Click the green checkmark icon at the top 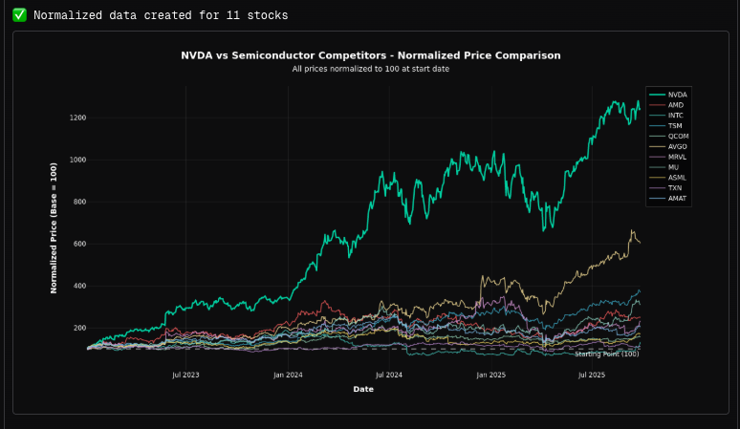19,15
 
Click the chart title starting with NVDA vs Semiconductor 370,55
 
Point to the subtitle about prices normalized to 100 370,69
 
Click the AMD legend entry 676,105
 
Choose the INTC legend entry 676,116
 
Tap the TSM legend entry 676,126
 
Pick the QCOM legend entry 677,137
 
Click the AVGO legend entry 677,147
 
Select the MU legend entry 674,167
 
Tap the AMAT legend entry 677,198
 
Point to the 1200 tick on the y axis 76,118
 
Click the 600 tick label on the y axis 78,244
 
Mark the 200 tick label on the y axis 78,328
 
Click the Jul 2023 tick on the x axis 185,375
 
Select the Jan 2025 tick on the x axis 490,375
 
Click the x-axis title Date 363,389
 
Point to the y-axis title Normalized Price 54,227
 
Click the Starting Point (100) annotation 606,354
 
